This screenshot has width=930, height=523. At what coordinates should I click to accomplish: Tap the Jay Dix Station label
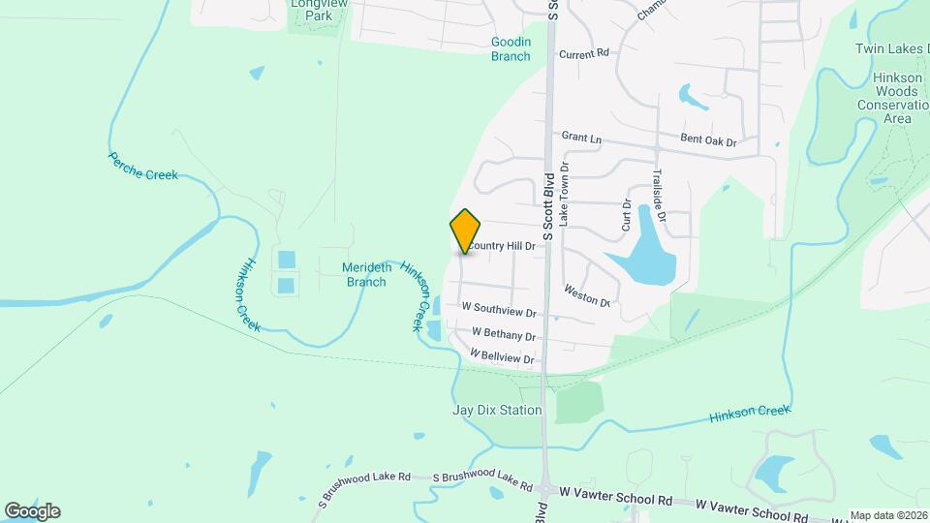click(497, 410)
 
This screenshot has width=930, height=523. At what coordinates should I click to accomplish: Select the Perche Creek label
click(143, 166)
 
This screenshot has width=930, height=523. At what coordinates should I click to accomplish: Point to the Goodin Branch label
click(511, 48)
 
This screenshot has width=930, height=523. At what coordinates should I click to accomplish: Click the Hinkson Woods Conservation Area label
click(884, 101)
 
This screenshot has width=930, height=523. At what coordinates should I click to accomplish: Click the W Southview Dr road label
click(498, 310)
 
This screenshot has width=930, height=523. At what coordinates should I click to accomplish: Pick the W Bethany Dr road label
click(503, 334)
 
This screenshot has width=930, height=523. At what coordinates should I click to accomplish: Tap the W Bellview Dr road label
click(503, 357)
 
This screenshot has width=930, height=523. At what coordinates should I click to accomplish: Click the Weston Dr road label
click(587, 295)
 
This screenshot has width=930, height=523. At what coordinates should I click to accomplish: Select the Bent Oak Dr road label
click(708, 141)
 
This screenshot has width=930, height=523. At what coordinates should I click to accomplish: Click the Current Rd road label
click(583, 53)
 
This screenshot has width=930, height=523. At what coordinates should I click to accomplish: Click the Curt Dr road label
click(627, 214)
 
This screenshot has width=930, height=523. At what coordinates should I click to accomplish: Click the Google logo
click(32, 510)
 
